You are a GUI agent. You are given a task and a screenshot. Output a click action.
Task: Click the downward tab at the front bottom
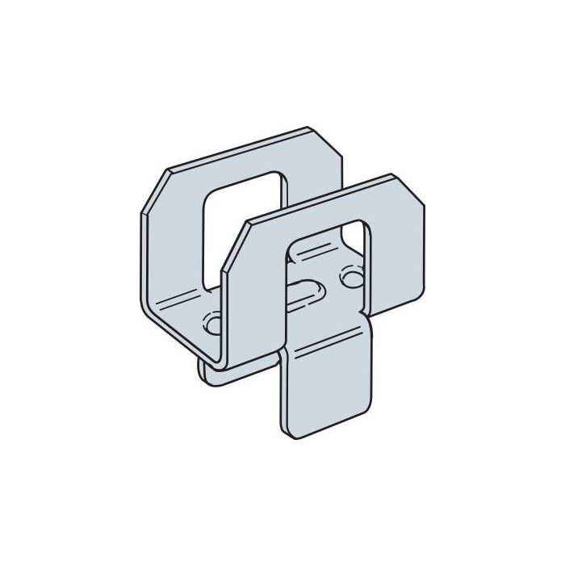pos(327,387)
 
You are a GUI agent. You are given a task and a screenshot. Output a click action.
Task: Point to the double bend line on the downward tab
pos(323,355)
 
